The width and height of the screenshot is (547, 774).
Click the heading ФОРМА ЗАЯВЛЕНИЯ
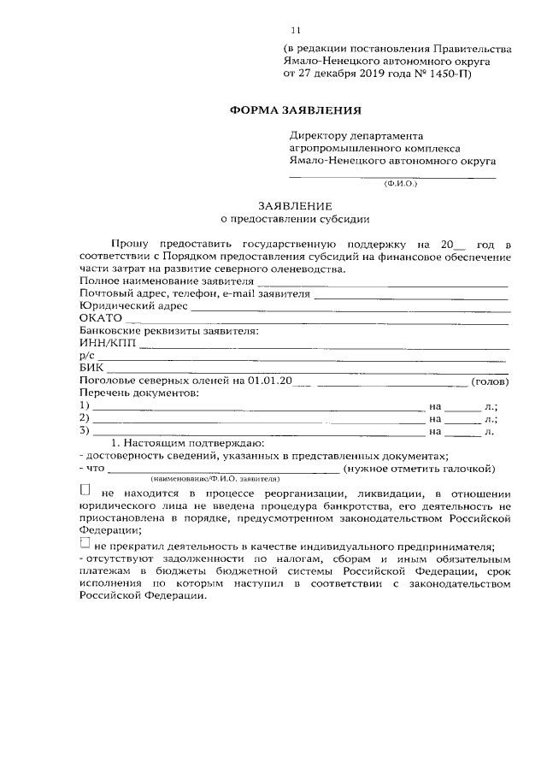(x=296, y=110)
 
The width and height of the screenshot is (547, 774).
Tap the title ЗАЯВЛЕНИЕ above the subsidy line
(x=296, y=206)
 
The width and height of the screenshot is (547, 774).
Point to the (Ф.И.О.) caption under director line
(x=401, y=183)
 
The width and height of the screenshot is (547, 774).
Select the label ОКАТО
(x=100, y=317)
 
